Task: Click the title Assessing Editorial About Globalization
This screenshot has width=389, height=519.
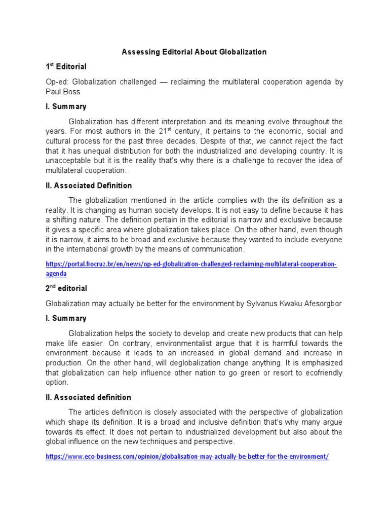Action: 194,52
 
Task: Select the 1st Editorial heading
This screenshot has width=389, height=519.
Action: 66,66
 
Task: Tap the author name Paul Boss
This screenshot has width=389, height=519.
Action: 64,92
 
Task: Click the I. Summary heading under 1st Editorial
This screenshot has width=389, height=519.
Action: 66,106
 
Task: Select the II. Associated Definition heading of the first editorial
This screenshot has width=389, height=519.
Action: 89,186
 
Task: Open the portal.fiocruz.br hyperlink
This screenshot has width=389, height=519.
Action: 191,265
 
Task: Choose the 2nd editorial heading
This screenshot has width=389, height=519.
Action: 66,288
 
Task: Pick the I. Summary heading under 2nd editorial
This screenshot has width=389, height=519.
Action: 66,318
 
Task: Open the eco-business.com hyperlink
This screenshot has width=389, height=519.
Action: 187,456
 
